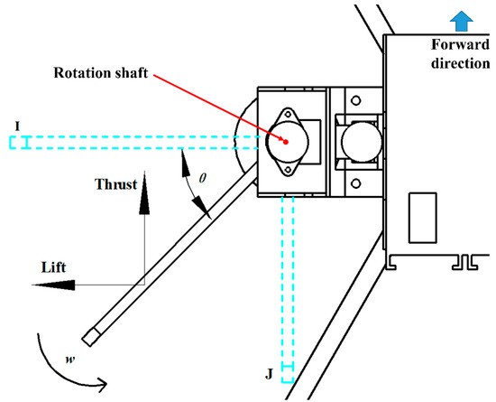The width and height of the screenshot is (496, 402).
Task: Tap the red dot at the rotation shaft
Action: [286, 141]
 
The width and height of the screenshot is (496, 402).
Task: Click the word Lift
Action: [56, 267]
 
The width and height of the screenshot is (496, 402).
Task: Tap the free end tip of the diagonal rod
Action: [89, 338]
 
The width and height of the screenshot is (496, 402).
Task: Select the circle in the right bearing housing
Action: [353, 139]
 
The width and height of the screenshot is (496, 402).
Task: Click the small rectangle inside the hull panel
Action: [420, 218]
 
